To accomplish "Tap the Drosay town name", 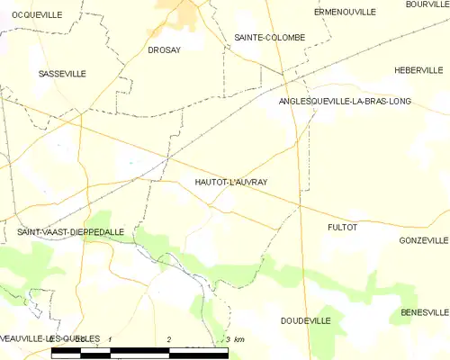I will (x=164, y=50).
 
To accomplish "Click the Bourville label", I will (x=427, y=4).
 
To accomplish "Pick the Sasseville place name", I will (x=62, y=74).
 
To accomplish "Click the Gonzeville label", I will (x=423, y=241).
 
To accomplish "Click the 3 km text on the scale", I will (x=234, y=338).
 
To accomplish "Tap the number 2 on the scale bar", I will (x=169, y=338).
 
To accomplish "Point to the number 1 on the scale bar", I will (x=110, y=338).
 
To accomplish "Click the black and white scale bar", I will (x=139, y=350).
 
